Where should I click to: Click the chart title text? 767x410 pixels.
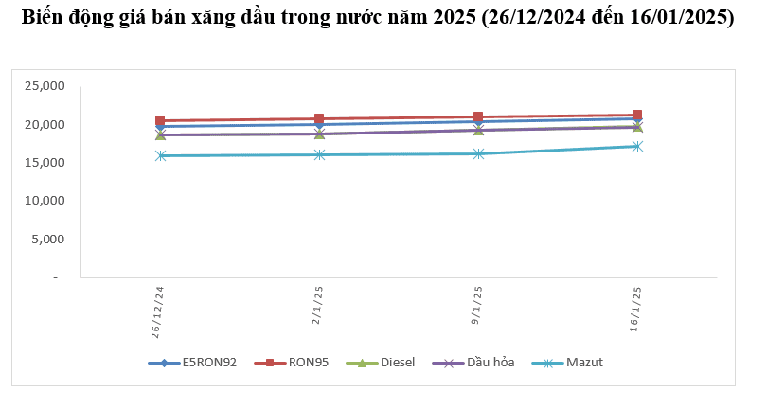click(x=377, y=18)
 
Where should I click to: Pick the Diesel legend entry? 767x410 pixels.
click(x=390, y=362)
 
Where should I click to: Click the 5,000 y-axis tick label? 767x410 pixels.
click(x=46, y=240)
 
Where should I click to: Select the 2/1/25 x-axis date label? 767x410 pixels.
click(x=317, y=306)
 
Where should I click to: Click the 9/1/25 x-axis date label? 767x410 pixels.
click(x=477, y=306)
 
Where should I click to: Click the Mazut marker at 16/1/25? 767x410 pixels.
click(x=637, y=146)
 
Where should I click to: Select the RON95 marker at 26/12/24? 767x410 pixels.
click(x=160, y=121)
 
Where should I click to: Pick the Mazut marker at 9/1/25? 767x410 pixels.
click(x=478, y=153)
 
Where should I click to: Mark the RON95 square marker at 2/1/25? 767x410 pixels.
click(x=319, y=119)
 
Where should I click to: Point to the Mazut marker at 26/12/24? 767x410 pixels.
click(x=160, y=155)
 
